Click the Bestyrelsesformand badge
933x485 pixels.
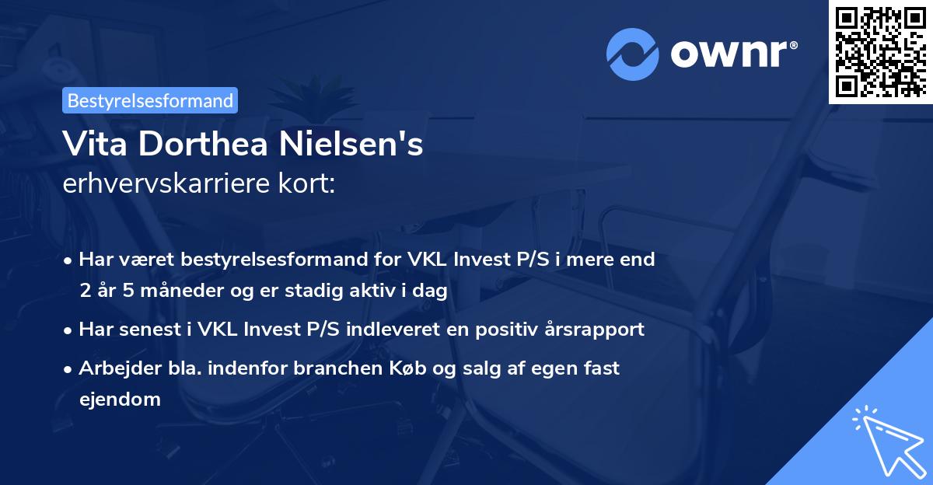click(x=149, y=100)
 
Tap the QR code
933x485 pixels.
click(x=880, y=51)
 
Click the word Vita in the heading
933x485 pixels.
click(x=91, y=145)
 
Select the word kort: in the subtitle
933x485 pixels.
click(x=308, y=185)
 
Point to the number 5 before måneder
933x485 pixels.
click(x=124, y=291)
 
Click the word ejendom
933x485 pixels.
click(x=120, y=400)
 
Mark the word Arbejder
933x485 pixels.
click(x=114, y=368)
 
